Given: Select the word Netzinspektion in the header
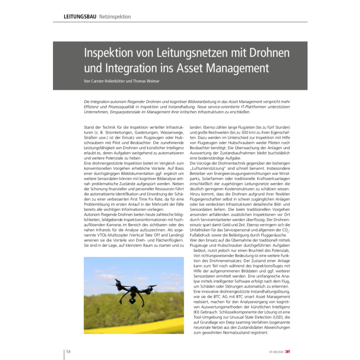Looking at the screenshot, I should click(115, 16).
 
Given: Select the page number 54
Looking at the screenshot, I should click(67, 351).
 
